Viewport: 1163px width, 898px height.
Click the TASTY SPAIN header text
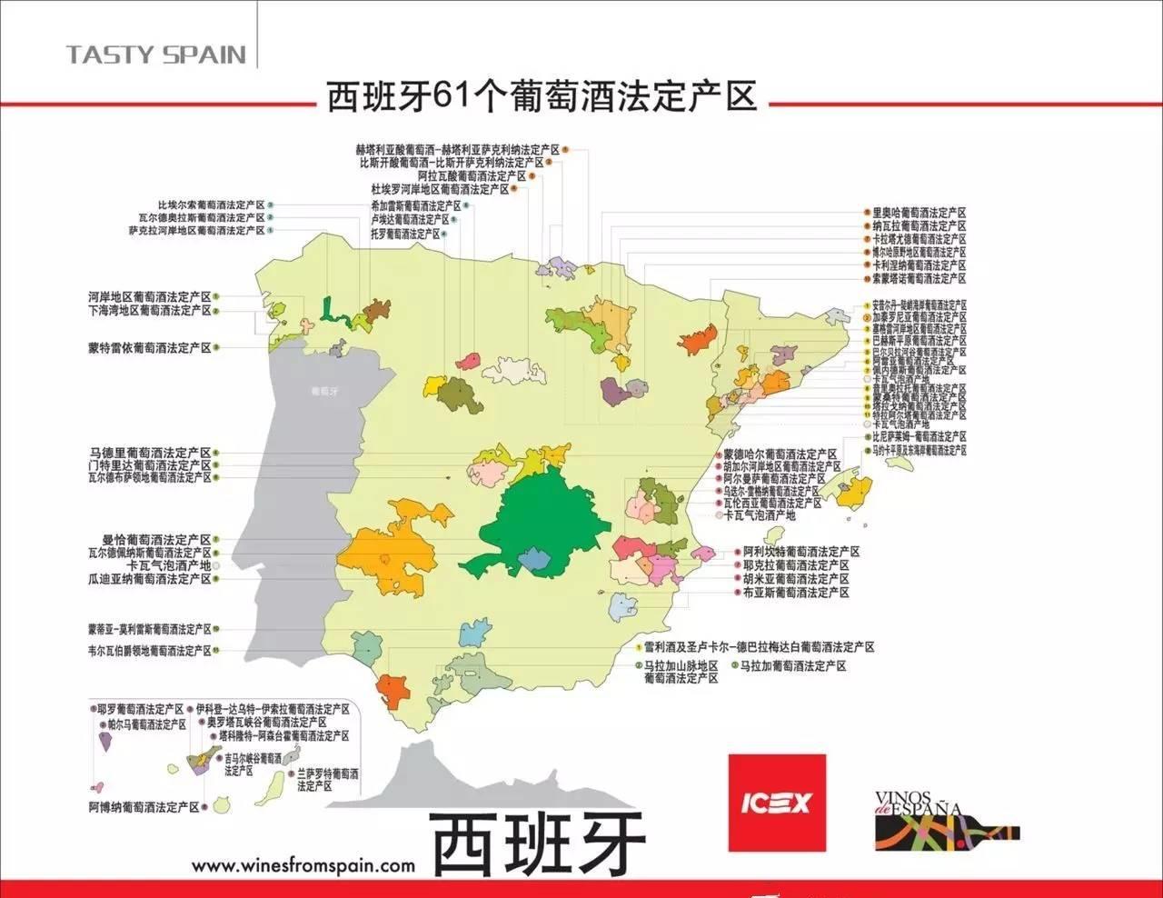(155, 55)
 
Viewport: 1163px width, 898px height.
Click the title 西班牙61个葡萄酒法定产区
(542, 96)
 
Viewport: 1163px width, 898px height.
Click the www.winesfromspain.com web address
(303, 866)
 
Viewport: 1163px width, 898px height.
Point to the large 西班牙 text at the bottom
(537, 841)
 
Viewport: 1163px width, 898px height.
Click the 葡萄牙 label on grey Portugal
(323, 392)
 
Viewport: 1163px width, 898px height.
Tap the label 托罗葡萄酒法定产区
(404, 234)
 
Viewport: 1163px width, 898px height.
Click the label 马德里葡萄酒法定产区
(150, 453)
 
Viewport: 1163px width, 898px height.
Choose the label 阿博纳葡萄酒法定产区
(144, 806)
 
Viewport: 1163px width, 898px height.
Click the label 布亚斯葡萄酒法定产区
(795, 592)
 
